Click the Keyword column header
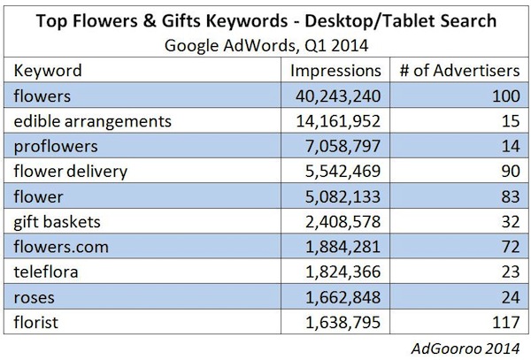[50, 70]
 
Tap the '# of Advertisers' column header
[458, 70]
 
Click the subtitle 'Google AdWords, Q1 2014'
[266, 44]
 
